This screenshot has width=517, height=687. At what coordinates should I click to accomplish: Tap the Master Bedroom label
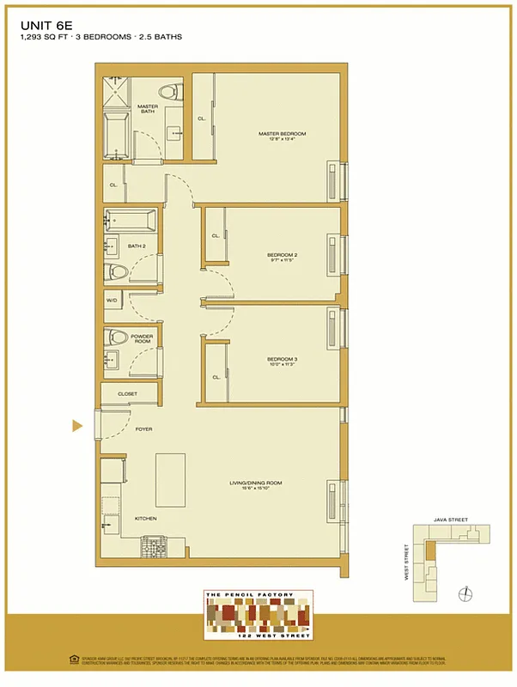click(282, 134)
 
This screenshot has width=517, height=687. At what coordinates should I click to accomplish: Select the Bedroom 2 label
click(282, 255)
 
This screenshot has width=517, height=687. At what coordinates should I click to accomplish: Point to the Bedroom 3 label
click(282, 359)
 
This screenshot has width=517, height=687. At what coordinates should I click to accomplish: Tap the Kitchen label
click(121, 519)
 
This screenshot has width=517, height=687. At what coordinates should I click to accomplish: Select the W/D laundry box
click(112, 301)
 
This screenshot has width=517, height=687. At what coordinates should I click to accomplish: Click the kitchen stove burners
click(154, 545)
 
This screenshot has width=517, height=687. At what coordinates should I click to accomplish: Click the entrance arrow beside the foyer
click(76, 425)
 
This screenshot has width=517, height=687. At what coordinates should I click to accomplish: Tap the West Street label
click(406, 562)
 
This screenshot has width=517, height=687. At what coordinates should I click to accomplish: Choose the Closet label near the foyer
click(127, 394)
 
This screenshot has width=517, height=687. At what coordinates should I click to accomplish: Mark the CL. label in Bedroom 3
click(216, 376)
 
